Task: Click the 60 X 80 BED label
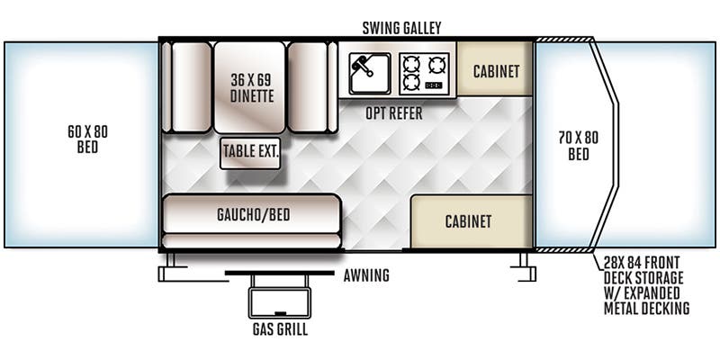click(87, 139)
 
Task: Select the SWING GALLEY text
click(401, 28)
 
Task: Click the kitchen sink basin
click(369, 72)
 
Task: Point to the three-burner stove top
click(424, 72)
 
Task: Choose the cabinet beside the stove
click(495, 70)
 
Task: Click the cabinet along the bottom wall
click(467, 221)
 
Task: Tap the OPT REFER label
click(393, 114)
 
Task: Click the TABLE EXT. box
click(250, 152)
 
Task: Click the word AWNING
click(366, 275)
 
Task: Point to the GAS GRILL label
click(279, 329)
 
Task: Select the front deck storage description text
click(646, 286)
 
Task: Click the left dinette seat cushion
click(191, 86)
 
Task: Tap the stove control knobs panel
click(437, 85)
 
